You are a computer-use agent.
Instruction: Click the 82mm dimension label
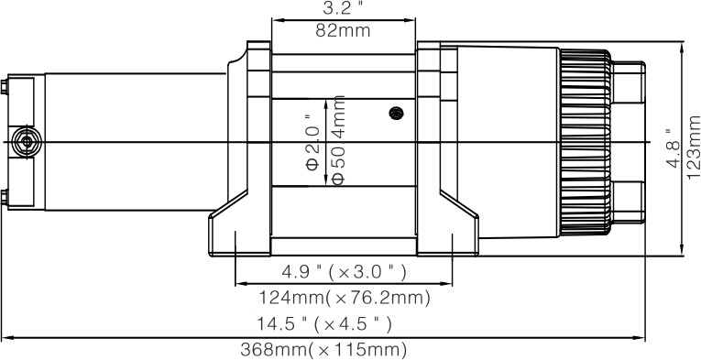click(343, 30)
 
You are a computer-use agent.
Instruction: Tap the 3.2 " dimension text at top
click(343, 8)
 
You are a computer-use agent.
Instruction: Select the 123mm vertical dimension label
click(694, 147)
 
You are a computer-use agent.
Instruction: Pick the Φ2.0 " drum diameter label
click(312, 142)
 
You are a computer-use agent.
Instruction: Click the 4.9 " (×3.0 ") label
click(344, 272)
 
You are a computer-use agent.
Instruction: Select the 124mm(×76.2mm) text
click(344, 297)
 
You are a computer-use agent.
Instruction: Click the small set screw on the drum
click(396, 113)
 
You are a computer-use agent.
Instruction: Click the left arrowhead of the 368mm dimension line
click(5, 337)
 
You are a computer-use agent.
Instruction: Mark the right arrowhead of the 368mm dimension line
click(643, 337)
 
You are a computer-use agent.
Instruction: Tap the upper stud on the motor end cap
click(5, 88)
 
